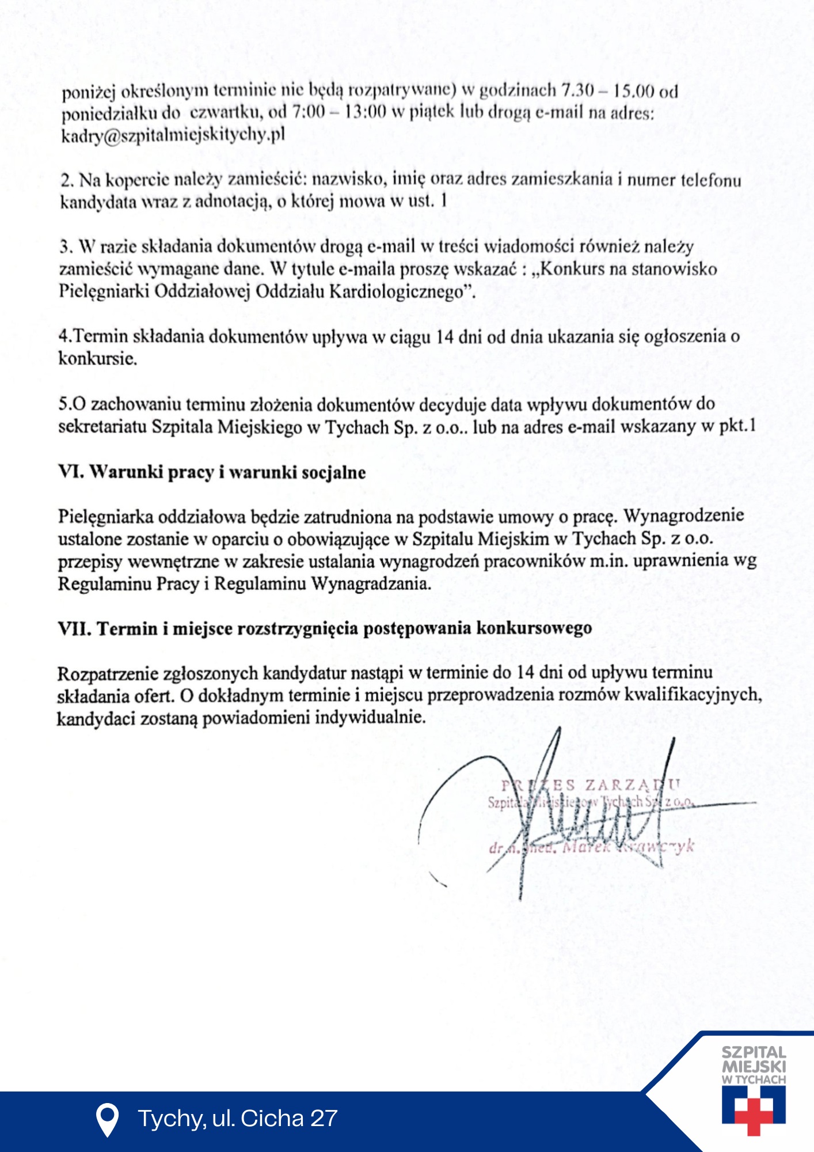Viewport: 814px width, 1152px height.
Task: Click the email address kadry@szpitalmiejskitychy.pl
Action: [x=173, y=135]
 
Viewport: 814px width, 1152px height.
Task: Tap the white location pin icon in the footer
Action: [x=107, y=1119]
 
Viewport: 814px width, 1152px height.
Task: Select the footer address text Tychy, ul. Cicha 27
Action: [x=237, y=1119]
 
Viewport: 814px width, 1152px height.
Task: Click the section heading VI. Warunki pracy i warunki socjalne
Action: [x=212, y=472]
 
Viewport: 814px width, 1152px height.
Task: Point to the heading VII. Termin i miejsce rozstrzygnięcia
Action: [x=325, y=628]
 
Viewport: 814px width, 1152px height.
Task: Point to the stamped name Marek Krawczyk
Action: [x=627, y=847]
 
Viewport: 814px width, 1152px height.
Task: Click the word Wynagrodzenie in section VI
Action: [x=684, y=516]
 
